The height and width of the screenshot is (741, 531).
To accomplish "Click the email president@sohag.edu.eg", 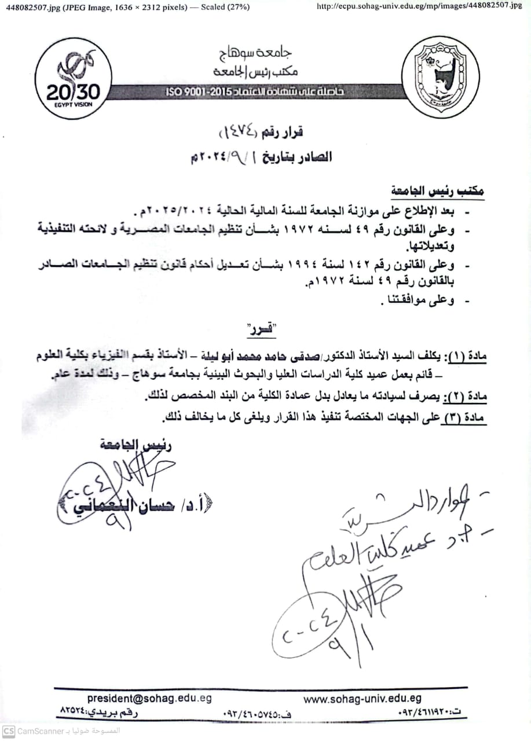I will [149, 698].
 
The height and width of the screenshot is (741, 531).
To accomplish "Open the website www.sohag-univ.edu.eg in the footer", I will [362, 699].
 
